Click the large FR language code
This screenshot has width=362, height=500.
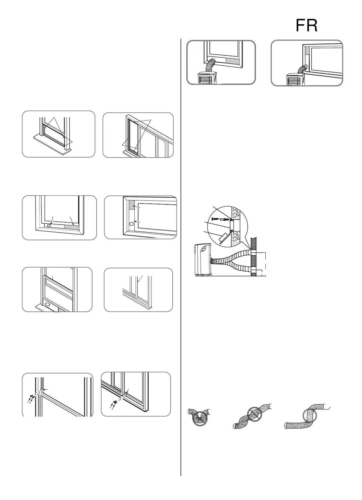point(306,26)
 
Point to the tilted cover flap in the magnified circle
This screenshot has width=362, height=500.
point(224,238)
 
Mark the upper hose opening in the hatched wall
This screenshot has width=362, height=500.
point(253,252)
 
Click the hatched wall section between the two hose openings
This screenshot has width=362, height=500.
point(253,262)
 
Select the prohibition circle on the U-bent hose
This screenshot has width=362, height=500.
point(200,418)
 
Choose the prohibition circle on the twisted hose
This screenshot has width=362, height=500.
point(254,414)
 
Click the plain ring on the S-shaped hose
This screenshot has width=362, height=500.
point(310,416)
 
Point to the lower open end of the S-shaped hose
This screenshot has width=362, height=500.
point(286,425)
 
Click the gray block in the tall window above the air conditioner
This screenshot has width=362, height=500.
point(233,61)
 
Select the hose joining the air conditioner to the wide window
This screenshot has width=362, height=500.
point(303,69)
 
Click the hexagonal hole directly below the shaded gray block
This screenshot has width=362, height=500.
point(131,224)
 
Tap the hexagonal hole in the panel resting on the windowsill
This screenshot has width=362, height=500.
point(47,304)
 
